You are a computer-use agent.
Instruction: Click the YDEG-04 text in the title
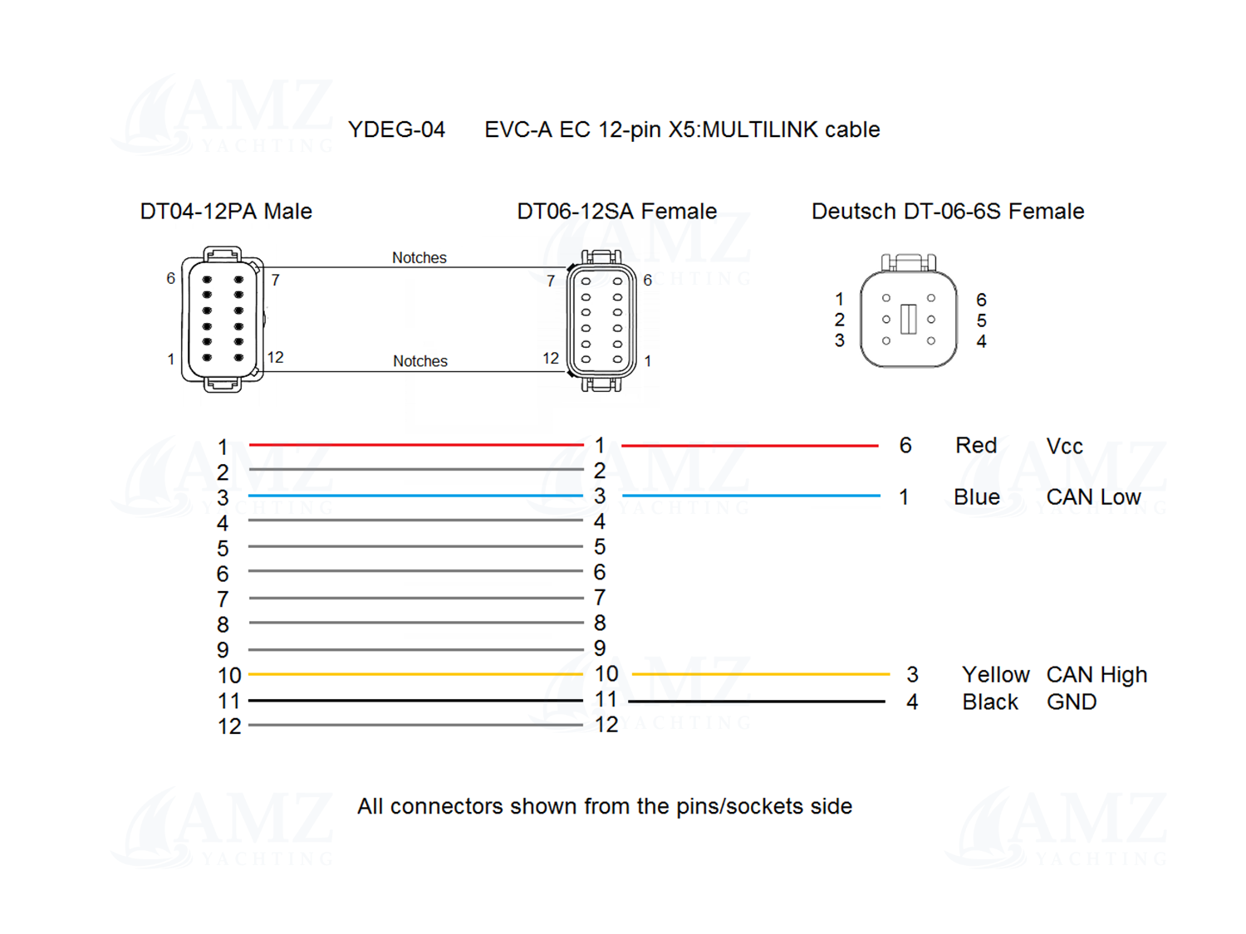[396, 130]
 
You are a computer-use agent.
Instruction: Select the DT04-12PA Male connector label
[226, 211]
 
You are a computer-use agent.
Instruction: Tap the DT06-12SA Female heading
[616, 211]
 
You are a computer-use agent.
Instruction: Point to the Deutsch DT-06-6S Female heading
[948, 211]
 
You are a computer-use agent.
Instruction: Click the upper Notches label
[419, 257]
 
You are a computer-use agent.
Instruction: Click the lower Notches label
[420, 360]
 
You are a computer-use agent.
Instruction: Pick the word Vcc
[1064, 447]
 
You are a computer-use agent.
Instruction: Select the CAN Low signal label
[1093, 496]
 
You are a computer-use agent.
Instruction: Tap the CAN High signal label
[1096, 674]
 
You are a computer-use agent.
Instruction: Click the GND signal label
[1072, 702]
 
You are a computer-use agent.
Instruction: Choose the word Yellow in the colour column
[996, 674]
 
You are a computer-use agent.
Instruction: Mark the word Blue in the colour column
[976, 496]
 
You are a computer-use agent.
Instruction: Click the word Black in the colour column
[990, 702]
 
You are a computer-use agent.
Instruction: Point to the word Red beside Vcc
[976, 445]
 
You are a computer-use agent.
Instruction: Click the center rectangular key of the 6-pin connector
[908, 319]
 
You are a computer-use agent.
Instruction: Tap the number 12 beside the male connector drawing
[275, 357]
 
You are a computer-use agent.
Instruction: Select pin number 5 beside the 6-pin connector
[982, 320]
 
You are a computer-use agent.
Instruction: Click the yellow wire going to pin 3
[761, 674]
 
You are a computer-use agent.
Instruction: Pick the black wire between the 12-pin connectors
[415, 701]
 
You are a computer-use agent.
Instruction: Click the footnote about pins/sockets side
[605, 806]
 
